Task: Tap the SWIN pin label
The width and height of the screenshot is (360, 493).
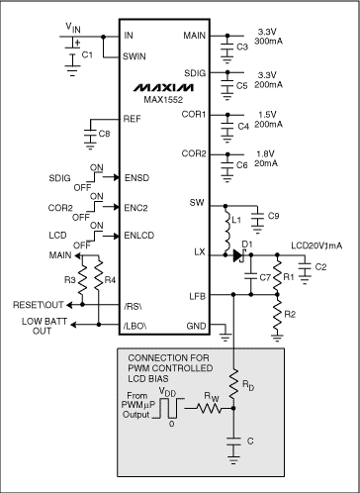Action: point(136,57)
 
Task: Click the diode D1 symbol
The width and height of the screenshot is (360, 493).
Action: point(237,254)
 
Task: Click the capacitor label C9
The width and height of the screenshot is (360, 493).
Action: point(273,214)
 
